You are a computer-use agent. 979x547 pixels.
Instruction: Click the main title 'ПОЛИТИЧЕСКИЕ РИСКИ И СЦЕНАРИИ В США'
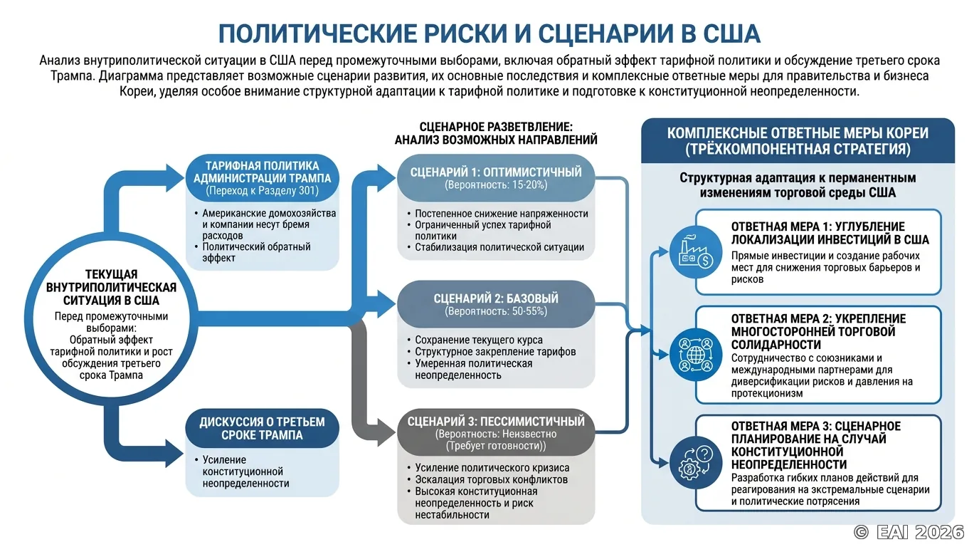click(489, 33)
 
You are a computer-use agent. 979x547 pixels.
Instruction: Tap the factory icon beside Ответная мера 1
click(696, 251)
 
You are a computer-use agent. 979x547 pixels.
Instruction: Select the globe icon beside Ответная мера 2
click(696, 355)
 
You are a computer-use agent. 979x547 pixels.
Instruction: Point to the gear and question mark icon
click(696, 462)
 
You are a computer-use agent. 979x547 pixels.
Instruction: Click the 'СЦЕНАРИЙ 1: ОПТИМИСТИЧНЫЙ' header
click(496, 172)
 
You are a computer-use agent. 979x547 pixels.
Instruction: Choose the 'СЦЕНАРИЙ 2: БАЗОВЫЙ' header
click(496, 298)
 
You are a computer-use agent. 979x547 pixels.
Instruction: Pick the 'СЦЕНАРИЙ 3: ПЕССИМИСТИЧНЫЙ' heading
click(496, 422)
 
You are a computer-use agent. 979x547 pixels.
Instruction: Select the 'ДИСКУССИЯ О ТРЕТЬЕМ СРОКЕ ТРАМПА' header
click(263, 428)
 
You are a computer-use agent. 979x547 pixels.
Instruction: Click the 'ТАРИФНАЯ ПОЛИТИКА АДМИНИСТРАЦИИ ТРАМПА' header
click(263, 172)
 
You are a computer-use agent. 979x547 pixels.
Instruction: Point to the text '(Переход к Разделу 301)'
click(263, 191)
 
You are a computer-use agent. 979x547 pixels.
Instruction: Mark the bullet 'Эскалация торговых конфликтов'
click(491, 479)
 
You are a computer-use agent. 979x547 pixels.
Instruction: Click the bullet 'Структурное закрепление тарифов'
click(495, 351)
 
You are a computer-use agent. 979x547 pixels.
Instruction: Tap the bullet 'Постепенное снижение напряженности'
click(502, 214)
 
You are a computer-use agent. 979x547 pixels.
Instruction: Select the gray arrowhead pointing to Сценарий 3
click(386, 432)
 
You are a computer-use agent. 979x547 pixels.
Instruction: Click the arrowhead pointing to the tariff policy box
click(175, 177)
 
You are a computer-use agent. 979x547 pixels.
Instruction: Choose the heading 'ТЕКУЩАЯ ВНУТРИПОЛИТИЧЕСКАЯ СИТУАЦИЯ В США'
click(111, 288)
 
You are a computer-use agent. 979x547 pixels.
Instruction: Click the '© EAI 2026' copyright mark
click(909, 532)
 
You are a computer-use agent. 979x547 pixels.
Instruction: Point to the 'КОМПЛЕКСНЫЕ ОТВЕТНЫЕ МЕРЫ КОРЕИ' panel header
click(798, 141)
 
